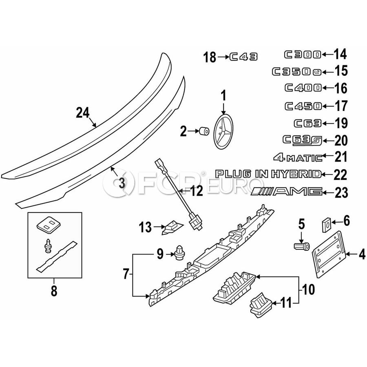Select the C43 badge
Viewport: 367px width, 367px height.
(243, 57)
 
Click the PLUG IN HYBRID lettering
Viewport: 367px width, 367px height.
(268, 174)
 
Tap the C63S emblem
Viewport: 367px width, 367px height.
(302, 140)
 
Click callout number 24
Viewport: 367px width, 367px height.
(83, 113)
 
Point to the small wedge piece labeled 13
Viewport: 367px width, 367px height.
(171, 228)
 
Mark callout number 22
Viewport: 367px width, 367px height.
(340, 175)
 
